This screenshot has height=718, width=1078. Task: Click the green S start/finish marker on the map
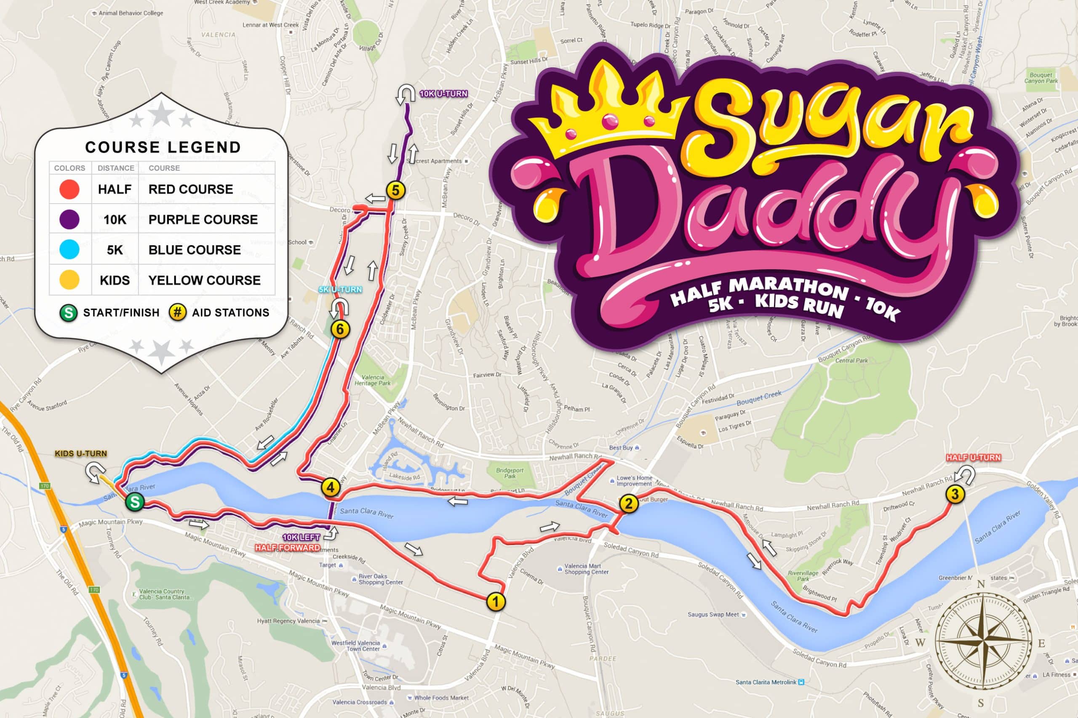coord(135,502)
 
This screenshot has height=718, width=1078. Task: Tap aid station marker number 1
coord(496,601)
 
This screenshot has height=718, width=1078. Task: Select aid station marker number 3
coord(955,494)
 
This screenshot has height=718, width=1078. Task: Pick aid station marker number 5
coord(395,190)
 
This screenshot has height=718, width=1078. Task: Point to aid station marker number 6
coord(340,329)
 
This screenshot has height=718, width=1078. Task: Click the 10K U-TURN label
coord(444,94)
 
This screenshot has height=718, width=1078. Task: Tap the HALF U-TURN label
coord(974,458)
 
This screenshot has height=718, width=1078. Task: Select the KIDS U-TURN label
coord(81,453)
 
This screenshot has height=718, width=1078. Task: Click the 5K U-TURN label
coord(340,289)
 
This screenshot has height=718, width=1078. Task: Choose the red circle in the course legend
coord(69,189)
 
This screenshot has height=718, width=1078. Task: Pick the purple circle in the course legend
coord(69,219)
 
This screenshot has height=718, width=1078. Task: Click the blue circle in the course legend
coord(69,249)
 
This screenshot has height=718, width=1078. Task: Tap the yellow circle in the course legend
coord(69,280)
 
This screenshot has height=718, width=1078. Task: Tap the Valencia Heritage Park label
coord(373,380)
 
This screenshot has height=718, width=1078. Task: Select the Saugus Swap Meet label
coord(713,615)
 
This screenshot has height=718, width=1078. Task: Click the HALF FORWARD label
coord(287,548)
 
